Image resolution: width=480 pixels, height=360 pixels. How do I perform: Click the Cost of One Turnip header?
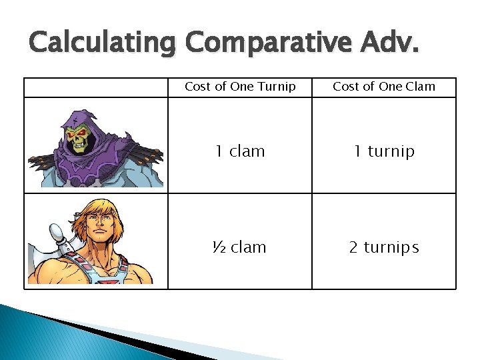pos(240,87)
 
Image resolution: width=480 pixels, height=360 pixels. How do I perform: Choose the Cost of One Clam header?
pos(384,87)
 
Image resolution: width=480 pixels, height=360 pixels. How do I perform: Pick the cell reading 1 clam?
pos(240,151)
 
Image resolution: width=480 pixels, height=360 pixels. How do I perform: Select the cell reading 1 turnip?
pos(384,151)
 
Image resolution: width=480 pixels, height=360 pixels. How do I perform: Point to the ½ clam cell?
pos(239,247)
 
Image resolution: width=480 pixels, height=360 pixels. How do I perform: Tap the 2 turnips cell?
pos(384,247)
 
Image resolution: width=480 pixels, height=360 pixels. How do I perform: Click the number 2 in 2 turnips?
pos(354,247)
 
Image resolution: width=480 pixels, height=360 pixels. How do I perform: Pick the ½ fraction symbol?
pos(217,247)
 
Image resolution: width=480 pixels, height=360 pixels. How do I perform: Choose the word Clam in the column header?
pos(421,87)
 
